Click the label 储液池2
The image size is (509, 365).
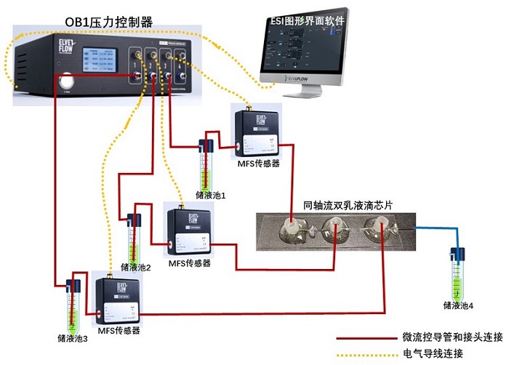coord(135,267)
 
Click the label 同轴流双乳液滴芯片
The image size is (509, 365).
coord(348,206)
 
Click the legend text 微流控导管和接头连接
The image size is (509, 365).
coord(452,338)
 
